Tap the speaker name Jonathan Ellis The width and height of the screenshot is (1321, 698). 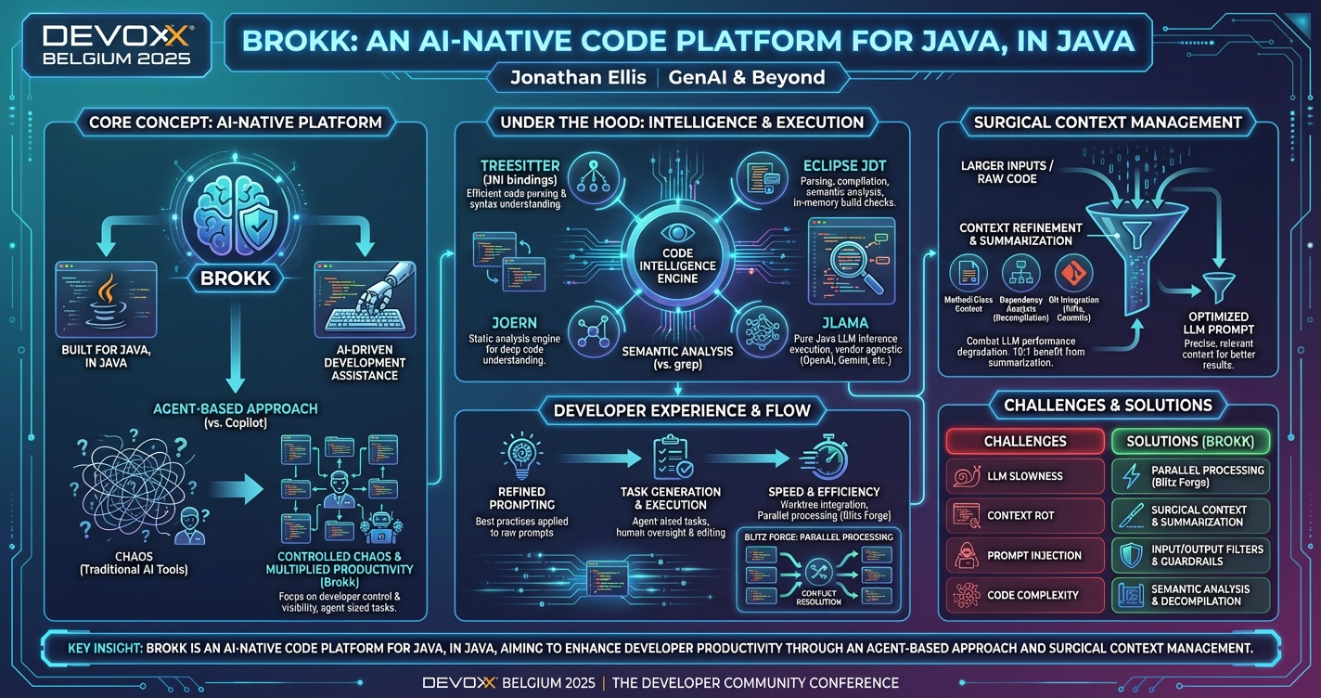(578, 77)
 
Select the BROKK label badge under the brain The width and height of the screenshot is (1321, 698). (235, 278)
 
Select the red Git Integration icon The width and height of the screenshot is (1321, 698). (1073, 274)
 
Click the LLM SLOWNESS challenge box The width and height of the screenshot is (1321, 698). (1024, 476)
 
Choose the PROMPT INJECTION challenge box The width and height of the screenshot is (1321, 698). (1024, 555)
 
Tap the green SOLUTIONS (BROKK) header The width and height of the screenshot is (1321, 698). (1190, 441)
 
